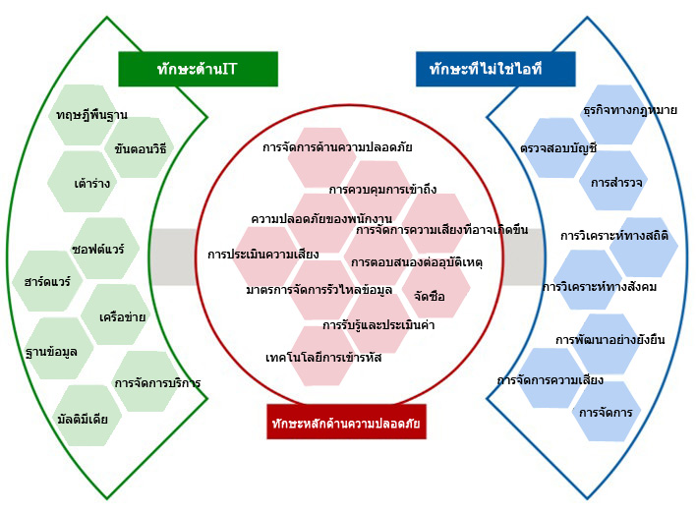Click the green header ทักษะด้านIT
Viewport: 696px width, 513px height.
198,69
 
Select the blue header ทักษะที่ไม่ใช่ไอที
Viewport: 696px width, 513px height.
495,69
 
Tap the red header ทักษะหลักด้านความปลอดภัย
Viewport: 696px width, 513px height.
346,422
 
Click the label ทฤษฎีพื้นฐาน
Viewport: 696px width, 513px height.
91,115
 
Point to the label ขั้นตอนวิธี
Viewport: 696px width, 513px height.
141,148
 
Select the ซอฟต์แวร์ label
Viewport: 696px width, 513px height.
98,249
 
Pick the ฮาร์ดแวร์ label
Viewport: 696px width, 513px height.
47,282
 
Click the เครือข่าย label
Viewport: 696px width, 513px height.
123,316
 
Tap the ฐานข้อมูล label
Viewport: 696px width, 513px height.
51,352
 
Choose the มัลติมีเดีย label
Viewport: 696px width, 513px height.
83,419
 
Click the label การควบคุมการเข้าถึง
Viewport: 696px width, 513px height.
382,190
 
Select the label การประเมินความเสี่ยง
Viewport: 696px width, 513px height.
263,255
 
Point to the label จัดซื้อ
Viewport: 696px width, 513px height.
430,296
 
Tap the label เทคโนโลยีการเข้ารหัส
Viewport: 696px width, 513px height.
323,358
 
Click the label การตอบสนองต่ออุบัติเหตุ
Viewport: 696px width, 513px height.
417,262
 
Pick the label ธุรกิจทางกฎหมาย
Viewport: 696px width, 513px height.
630,110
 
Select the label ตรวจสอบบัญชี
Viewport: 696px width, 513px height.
558,147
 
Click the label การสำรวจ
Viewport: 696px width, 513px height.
616,182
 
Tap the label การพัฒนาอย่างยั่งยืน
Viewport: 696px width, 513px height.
610,339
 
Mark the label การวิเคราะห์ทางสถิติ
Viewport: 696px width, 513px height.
614,235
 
